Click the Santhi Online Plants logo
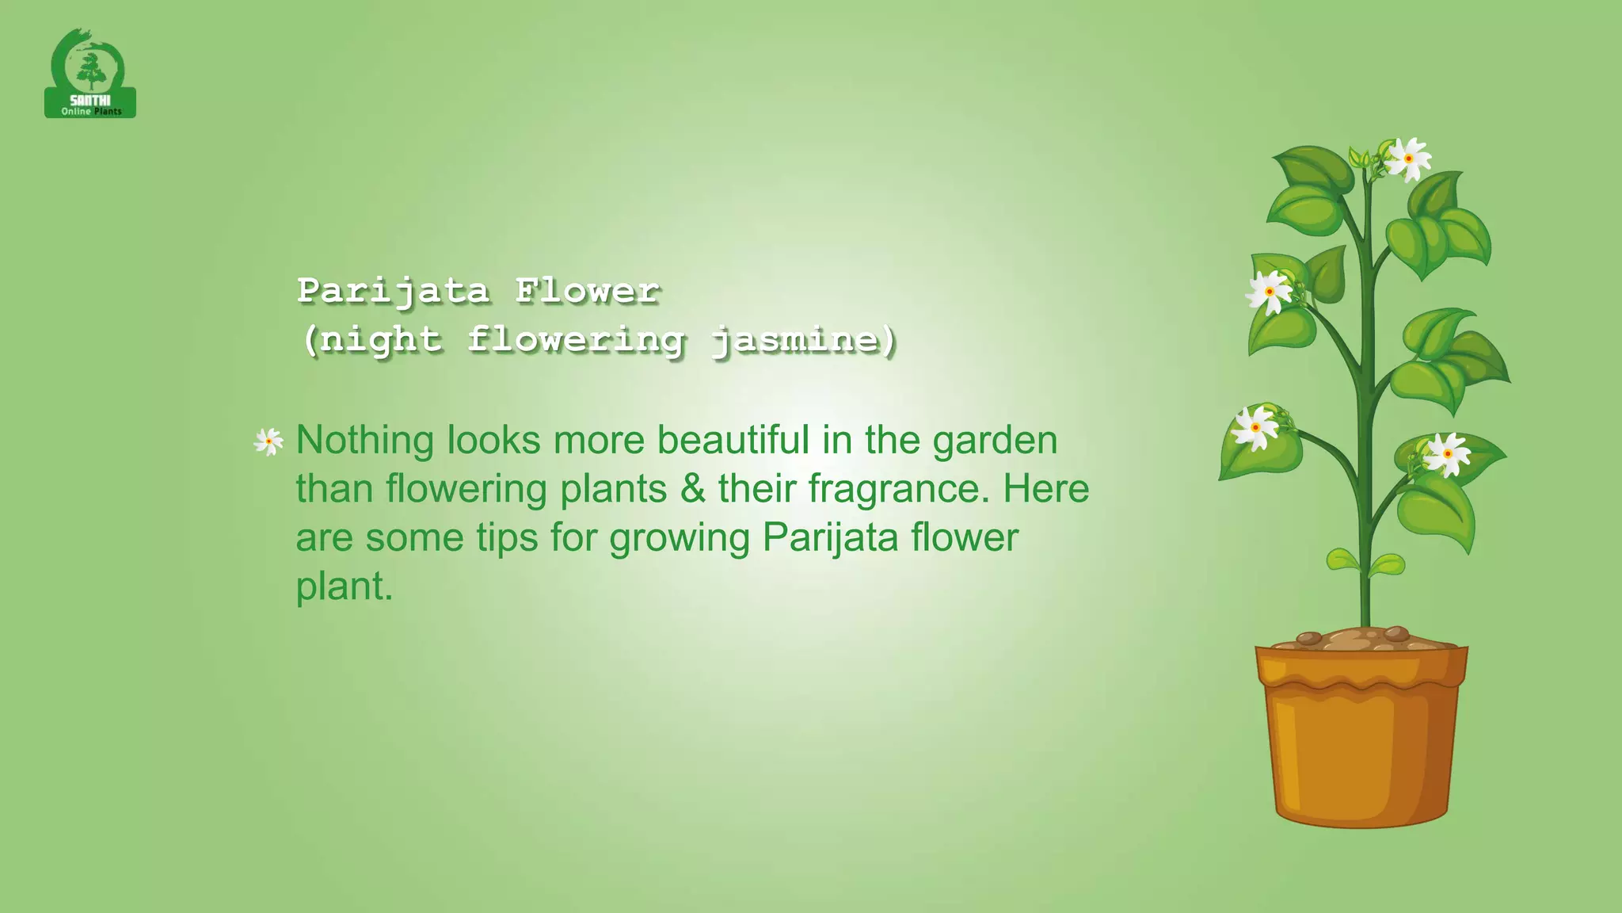point(89,74)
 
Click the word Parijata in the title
point(393,291)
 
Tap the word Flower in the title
point(587,291)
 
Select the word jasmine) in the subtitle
point(804,340)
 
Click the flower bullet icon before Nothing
point(268,441)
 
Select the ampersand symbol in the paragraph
point(692,489)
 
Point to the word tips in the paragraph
point(507,538)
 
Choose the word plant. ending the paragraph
point(344,587)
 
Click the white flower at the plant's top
point(1409,159)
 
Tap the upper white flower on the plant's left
point(1270,292)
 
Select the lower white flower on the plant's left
point(1256,428)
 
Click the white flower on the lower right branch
point(1447,453)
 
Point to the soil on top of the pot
point(1360,638)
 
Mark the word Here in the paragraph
point(1045,489)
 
